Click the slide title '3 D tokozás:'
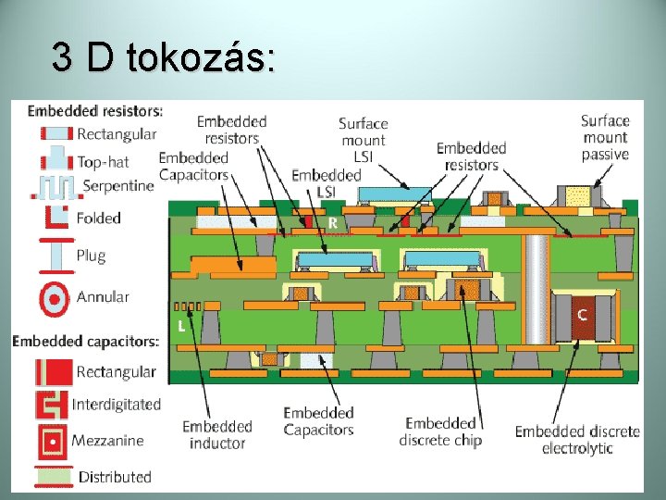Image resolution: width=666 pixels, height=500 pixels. coord(163,58)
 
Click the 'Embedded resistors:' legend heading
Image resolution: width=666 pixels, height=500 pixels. coord(95,111)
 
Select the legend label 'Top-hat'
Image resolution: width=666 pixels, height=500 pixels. coord(104,161)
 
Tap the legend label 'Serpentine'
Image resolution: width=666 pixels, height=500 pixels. coord(118,185)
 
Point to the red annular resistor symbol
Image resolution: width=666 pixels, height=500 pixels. coord(55,298)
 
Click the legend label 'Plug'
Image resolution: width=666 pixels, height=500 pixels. coord(91,256)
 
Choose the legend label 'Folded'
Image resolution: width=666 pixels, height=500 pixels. coord(99,219)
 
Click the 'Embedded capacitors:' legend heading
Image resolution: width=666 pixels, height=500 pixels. coord(85,342)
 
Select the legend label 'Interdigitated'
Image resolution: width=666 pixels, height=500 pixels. coord(117,404)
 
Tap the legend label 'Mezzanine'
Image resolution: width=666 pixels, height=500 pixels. coord(108,440)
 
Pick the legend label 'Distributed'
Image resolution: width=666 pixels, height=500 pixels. coord(115,477)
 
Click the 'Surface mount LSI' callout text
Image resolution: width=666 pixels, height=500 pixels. coord(363,140)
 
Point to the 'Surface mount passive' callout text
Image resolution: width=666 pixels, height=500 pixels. coord(605,137)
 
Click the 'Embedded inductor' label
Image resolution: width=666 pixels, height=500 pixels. coord(217,434)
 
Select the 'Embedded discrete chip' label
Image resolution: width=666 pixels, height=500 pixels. coord(440,431)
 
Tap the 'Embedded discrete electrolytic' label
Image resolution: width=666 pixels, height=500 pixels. coord(577,440)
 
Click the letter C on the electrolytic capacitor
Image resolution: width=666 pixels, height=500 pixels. coord(582,315)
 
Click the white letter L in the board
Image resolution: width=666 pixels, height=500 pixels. coord(181,325)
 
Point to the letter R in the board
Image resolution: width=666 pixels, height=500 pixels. coord(332,223)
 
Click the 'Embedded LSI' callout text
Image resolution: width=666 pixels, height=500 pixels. coord(326,182)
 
